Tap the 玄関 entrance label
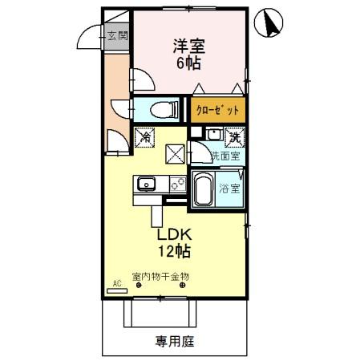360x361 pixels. pos(117,37)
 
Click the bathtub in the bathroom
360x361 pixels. pos(201,191)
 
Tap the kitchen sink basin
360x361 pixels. pos(148,185)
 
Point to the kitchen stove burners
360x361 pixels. pos(177,185)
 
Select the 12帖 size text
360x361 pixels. pos(173,253)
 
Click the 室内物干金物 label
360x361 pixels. pos(161,275)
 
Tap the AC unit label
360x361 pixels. pos(117,283)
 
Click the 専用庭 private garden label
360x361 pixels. pos(174,342)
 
